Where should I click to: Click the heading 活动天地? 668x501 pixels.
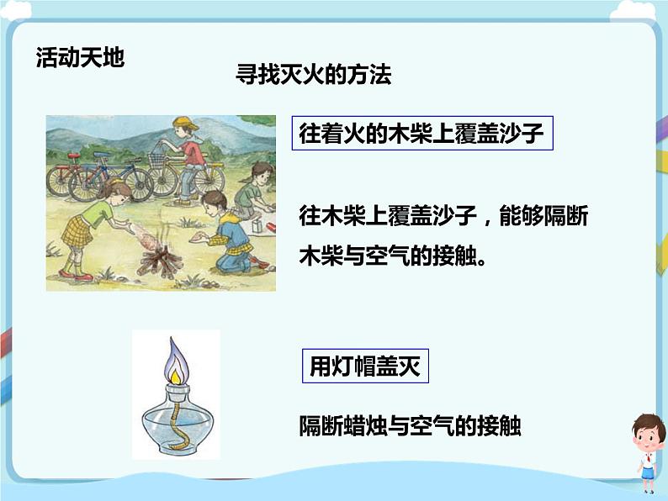(x=80, y=56)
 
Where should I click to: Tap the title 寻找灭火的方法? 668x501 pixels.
(x=313, y=76)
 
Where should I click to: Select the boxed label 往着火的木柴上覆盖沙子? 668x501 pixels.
(x=421, y=133)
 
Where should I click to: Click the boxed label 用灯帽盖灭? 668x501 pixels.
(x=364, y=367)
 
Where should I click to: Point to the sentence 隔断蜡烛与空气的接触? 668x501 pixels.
(x=410, y=426)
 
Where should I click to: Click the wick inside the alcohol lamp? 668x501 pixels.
(x=176, y=419)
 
